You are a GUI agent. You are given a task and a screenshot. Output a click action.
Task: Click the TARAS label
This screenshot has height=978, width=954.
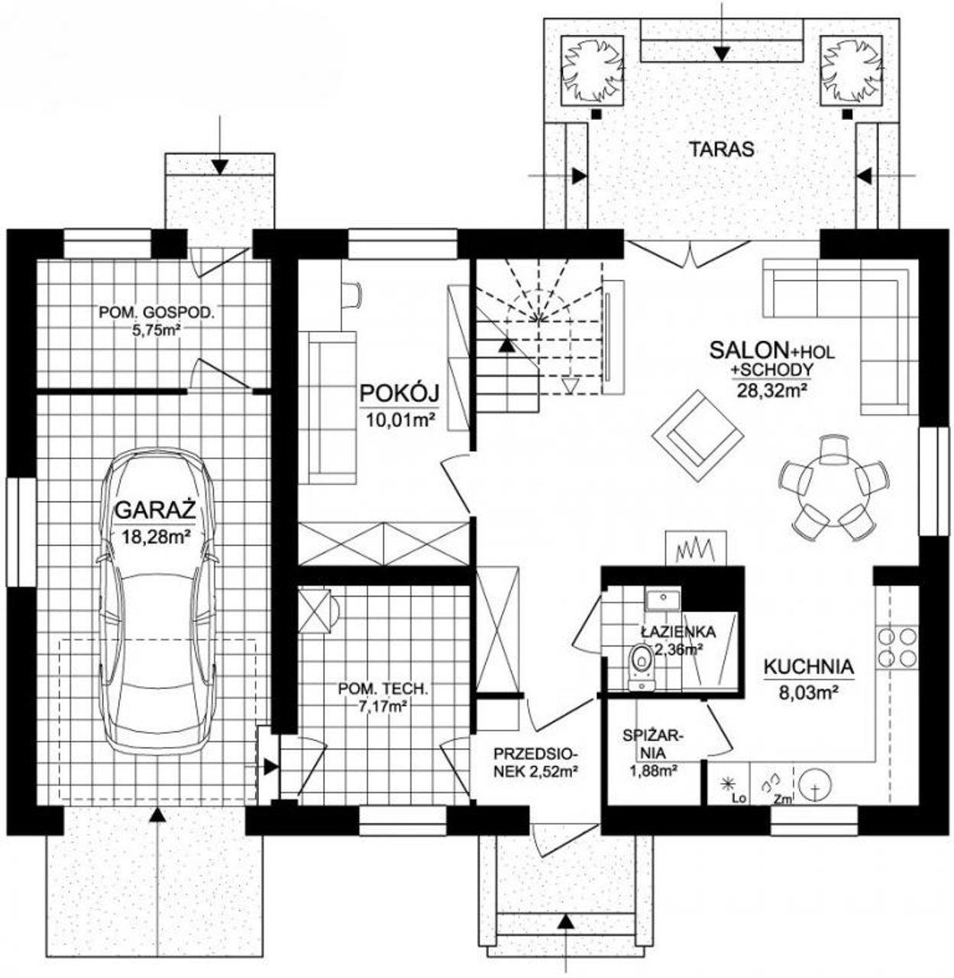tap(721, 149)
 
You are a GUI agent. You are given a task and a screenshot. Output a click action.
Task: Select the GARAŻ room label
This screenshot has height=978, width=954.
tap(155, 510)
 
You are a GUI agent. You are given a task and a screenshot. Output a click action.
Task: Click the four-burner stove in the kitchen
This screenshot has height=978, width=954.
tap(897, 647)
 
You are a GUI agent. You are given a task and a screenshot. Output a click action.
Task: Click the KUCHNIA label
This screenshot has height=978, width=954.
tap(809, 667)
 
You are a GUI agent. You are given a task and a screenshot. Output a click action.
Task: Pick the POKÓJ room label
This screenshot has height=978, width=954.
tap(400, 394)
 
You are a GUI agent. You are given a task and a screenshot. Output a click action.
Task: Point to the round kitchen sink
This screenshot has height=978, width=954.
tap(816, 788)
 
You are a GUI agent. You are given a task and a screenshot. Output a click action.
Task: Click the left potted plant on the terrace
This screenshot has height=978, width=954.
tap(593, 70)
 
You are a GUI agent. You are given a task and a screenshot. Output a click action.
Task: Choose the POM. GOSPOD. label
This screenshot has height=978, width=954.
tap(157, 313)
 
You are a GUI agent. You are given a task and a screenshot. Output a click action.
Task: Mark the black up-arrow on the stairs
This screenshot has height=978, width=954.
tap(506, 345)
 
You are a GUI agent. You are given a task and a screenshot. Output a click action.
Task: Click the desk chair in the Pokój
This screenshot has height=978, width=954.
tap(351, 293)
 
